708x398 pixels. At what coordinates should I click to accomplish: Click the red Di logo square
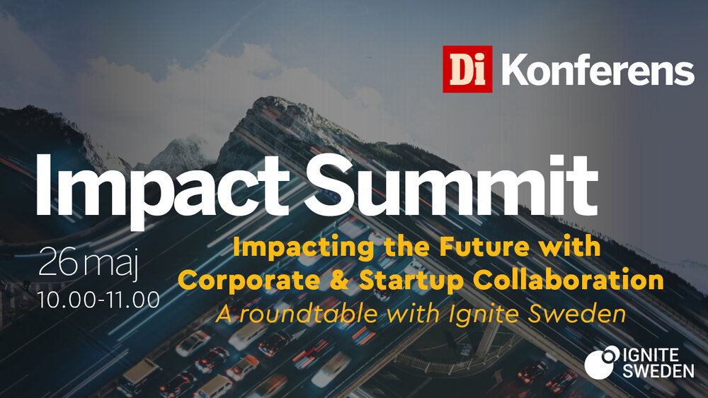point(467,69)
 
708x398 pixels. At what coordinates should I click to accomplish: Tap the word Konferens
point(598,69)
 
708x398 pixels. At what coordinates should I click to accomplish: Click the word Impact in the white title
point(162,189)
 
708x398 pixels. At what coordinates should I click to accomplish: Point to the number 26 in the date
point(58,262)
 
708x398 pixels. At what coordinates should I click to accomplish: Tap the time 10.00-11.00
point(99,300)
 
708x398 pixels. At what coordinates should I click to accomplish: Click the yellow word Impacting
point(304,248)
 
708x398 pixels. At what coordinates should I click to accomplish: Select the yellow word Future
point(484,246)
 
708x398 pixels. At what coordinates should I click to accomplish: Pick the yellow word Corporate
point(249,281)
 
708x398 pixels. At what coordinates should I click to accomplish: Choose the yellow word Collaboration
point(569,279)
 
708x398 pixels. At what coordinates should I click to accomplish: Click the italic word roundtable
point(308,314)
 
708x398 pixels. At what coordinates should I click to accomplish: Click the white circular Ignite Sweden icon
point(602,362)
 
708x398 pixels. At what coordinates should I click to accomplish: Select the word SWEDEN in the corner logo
point(658,371)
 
